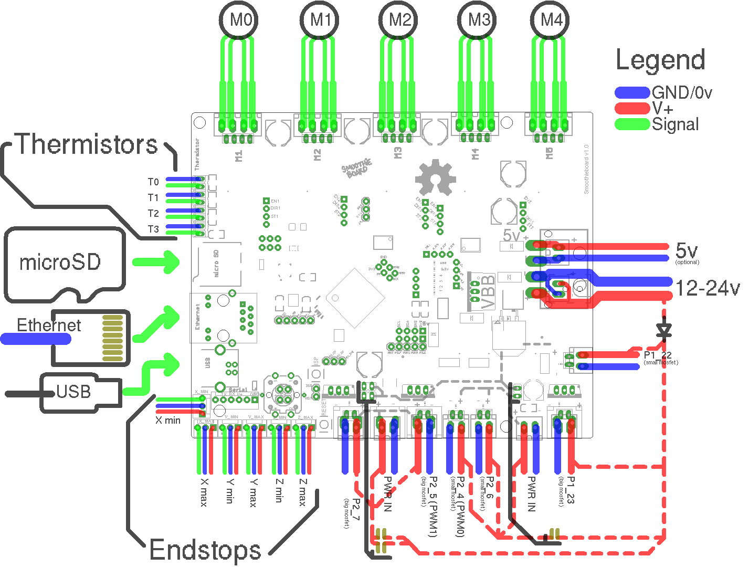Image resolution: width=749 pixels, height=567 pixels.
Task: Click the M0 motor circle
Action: point(240,20)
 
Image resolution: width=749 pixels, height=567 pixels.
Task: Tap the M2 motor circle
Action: point(399,20)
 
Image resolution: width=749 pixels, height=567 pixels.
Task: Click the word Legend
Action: point(660,60)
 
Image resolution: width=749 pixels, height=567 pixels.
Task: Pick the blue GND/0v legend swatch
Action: point(632,93)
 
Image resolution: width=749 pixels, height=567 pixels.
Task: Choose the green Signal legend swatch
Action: point(632,124)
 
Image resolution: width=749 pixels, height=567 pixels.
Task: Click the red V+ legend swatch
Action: point(632,109)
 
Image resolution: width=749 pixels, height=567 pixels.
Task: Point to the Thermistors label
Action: point(87,144)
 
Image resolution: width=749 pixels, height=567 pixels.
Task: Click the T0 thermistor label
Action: point(153,182)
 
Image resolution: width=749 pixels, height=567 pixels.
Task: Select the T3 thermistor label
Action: point(153,229)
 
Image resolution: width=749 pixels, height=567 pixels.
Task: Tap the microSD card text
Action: point(60,262)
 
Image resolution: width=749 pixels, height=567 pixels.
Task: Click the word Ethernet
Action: point(49,325)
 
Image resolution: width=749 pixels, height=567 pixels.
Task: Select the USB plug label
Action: point(73,392)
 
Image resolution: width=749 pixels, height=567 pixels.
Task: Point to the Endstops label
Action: point(205,550)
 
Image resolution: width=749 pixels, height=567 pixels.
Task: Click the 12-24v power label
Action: point(707,288)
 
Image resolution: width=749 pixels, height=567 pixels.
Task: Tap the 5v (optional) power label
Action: point(687,252)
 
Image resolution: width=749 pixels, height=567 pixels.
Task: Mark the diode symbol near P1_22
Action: point(664,330)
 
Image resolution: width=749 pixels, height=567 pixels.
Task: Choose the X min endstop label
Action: point(168,421)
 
